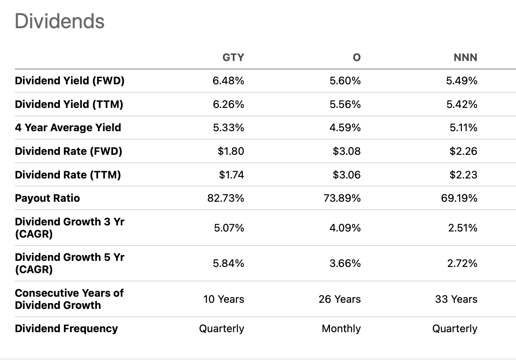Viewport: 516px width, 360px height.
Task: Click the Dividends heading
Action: [59, 21]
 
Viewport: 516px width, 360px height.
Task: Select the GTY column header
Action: [233, 57]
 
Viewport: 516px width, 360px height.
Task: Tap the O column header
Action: [356, 57]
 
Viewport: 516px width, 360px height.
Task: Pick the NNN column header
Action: [465, 57]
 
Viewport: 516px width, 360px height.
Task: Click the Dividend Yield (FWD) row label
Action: [70, 81]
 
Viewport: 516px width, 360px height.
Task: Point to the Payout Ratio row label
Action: [47, 198]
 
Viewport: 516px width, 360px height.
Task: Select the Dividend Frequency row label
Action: [66, 329]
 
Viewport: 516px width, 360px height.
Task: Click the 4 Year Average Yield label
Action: [68, 128]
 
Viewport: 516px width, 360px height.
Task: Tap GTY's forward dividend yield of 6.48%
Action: [228, 81]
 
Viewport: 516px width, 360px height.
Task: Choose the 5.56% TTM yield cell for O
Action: [345, 104]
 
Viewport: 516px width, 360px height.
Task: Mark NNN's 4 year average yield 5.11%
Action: [463, 128]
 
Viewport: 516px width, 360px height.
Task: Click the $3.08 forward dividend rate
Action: [346, 151]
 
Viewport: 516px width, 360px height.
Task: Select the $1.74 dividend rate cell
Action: [231, 175]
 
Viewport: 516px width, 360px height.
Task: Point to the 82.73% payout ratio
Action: [226, 198]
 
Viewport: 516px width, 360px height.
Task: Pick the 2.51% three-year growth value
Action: [462, 228]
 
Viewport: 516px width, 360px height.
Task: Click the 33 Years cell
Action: [456, 299]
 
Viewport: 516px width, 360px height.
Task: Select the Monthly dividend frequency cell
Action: [341, 329]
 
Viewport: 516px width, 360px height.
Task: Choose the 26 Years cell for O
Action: [340, 299]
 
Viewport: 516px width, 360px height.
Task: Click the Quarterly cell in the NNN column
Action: [454, 329]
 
